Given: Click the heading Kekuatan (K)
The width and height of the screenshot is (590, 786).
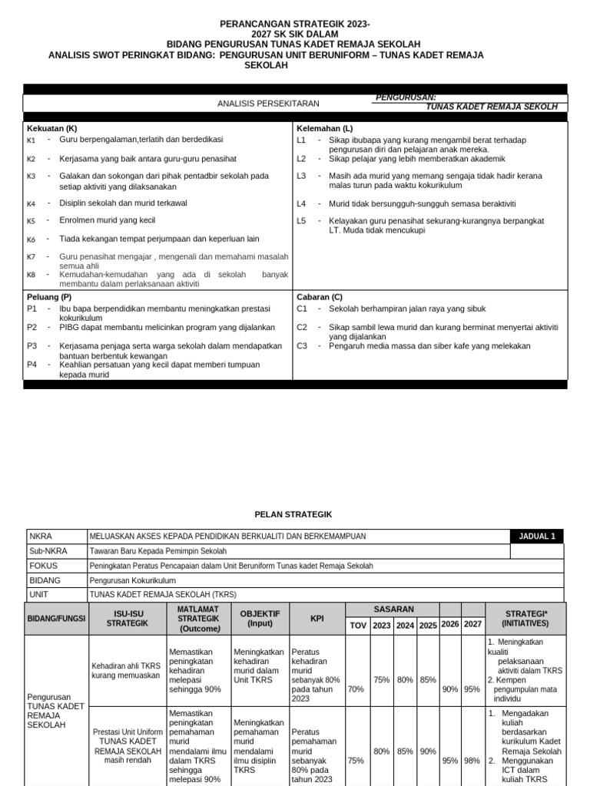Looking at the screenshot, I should (51, 128).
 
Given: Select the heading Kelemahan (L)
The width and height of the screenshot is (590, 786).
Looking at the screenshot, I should (324, 128).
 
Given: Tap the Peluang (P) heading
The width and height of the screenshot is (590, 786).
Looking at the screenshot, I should (49, 296).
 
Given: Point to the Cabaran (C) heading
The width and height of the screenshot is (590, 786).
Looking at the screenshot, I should (320, 296).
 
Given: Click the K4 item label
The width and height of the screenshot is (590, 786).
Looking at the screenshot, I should (31, 204).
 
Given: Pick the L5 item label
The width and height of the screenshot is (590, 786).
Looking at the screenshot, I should (301, 221).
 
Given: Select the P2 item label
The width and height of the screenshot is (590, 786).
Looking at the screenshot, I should (31, 327).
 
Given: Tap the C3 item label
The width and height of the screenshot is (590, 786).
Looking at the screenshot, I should (301, 346).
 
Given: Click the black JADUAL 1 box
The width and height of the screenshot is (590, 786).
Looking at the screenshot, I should (536, 537).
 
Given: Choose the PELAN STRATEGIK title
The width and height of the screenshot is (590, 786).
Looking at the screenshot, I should (293, 514).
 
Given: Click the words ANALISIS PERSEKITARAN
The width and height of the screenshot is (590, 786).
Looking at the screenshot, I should (268, 103).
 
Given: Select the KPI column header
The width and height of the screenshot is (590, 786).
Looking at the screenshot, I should (317, 618).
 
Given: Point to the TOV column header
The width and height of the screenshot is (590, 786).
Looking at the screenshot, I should (358, 626).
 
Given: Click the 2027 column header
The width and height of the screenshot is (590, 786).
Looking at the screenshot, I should (472, 625).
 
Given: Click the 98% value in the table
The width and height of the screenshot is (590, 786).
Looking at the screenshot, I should (472, 761).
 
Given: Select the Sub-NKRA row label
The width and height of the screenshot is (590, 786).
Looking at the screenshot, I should (48, 551).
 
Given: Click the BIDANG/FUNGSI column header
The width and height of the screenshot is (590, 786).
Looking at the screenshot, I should (56, 618).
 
